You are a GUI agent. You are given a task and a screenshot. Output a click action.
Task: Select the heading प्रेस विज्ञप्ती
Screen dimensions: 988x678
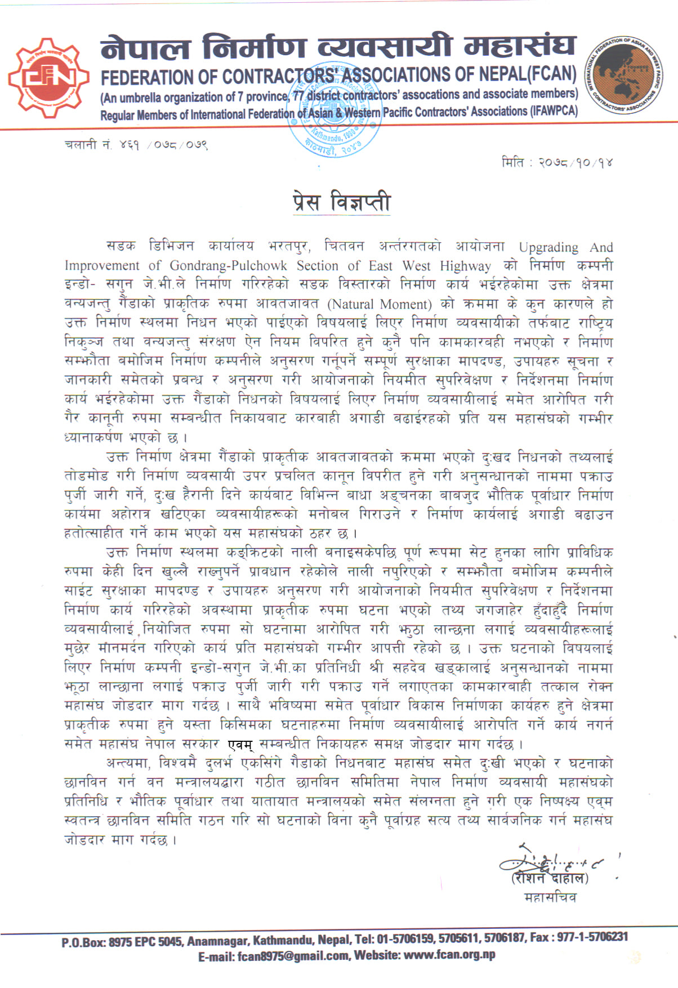[x=342, y=202]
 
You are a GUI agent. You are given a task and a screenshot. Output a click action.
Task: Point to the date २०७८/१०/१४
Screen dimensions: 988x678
[x=575, y=163]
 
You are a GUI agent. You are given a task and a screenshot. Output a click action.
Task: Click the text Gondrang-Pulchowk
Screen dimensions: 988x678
[x=228, y=266]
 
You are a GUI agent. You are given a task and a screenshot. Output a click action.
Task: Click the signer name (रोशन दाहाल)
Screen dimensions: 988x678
[x=549, y=878]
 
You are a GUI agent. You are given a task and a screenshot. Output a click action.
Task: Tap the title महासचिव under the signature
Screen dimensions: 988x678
[x=550, y=897]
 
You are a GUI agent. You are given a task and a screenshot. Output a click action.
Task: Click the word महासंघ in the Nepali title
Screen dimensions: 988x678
[x=520, y=46]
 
